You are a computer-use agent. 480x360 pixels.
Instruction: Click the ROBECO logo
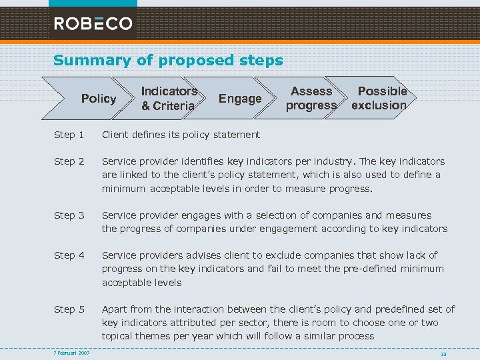click(93, 23)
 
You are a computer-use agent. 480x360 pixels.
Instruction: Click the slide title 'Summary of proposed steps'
click(168, 60)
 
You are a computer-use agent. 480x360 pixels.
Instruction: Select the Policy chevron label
click(99, 99)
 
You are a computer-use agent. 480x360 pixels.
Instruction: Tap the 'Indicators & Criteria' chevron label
click(169, 98)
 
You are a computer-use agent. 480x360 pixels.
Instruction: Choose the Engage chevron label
click(240, 99)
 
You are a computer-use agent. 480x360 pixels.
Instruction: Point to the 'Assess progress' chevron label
click(311, 98)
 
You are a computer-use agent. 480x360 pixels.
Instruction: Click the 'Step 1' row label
click(69, 135)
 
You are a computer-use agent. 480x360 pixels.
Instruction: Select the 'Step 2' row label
click(69, 161)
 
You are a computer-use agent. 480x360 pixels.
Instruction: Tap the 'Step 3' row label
click(69, 215)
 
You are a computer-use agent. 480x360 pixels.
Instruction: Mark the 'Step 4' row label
click(69, 255)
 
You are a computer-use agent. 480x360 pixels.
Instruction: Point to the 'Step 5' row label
click(69, 309)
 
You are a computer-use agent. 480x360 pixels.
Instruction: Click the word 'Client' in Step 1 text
click(116, 135)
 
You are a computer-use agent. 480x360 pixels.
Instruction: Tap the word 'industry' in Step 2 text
click(337, 161)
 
